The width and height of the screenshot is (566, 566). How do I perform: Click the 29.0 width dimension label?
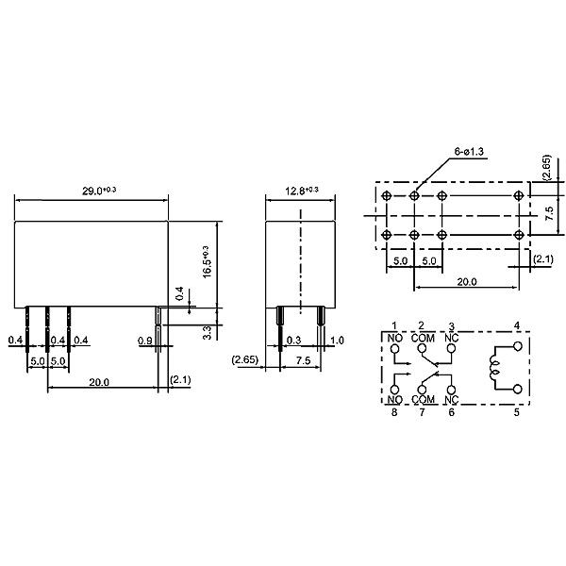tap(99, 191)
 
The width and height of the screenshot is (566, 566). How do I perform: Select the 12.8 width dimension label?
tap(302, 191)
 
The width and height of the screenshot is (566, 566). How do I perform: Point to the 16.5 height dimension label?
tap(206, 261)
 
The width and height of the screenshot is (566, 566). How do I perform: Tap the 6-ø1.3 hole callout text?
tap(469, 152)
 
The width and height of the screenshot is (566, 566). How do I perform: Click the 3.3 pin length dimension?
tap(207, 332)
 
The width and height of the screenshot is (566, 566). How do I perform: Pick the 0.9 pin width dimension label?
tap(144, 341)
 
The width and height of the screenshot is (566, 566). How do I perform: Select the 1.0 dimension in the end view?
tap(337, 341)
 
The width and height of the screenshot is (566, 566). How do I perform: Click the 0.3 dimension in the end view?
tap(293, 341)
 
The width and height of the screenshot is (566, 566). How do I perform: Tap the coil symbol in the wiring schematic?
tap(493, 368)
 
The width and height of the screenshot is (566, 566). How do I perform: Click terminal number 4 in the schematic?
tap(517, 325)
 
